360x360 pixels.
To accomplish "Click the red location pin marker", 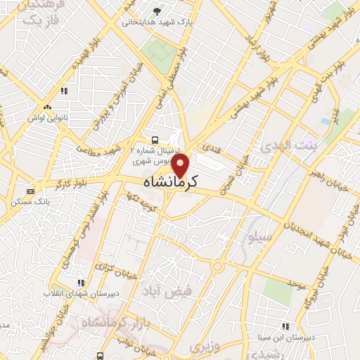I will click(x=181, y=167).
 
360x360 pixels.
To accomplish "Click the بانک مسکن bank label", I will click(x=29, y=202).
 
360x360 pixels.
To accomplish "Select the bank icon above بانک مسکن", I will click(x=30, y=191).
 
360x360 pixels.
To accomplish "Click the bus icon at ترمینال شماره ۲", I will click(x=154, y=139).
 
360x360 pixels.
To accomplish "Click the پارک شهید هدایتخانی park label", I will click(x=157, y=22).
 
